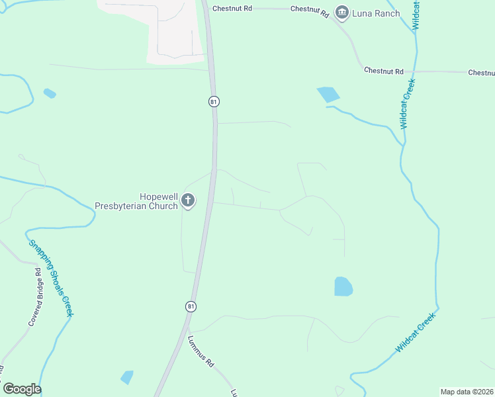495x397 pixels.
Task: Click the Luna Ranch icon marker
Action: (342, 13)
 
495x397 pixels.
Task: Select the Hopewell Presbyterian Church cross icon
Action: (188, 200)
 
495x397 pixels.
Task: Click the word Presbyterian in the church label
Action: (136, 206)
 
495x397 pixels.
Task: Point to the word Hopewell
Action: (159, 197)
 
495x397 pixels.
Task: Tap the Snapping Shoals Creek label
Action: (50, 276)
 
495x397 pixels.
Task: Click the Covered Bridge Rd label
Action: (35, 297)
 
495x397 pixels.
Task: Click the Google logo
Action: (22, 389)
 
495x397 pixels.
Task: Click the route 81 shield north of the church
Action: (213, 101)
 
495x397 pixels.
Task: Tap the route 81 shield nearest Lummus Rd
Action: (191, 306)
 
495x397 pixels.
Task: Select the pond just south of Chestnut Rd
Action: (328, 95)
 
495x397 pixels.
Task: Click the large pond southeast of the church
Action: (343, 287)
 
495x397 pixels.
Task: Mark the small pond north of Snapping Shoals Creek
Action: (50, 93)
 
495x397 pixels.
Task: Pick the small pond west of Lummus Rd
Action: (126, 377)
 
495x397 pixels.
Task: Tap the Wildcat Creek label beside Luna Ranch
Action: (416, 15)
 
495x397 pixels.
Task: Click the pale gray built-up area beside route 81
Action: (173, 30)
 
